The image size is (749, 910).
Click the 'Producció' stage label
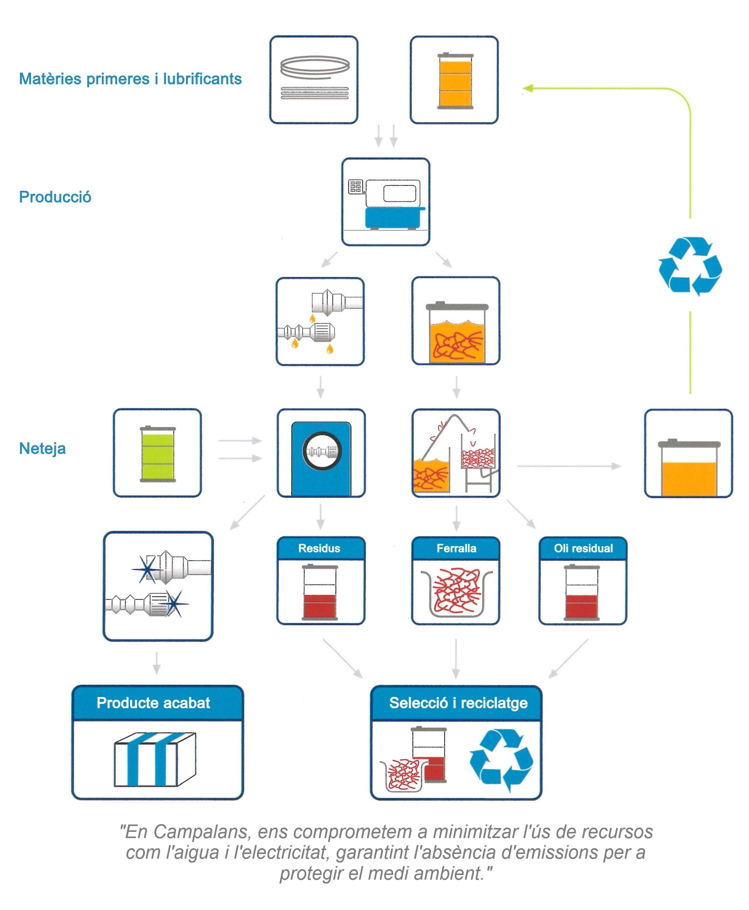tap(55, 197)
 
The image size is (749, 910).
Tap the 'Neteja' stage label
tap(42, 448)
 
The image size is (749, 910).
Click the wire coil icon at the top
tap(314, 78)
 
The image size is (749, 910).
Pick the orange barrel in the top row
tap(455, 81)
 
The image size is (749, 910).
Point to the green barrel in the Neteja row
tap(157, 454)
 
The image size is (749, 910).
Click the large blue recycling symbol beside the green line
tap(690, 265)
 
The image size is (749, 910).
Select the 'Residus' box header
tap(320, 548)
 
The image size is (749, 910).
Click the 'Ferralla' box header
tap(456, 548)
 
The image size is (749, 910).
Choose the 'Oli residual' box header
tap(583, 548)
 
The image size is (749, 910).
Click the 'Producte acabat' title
tap(153, 703)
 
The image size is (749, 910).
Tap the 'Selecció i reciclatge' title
tap(458, 703)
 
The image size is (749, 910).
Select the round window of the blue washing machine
tap(322, 451)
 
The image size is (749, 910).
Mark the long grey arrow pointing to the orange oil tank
tap(569, 466)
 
